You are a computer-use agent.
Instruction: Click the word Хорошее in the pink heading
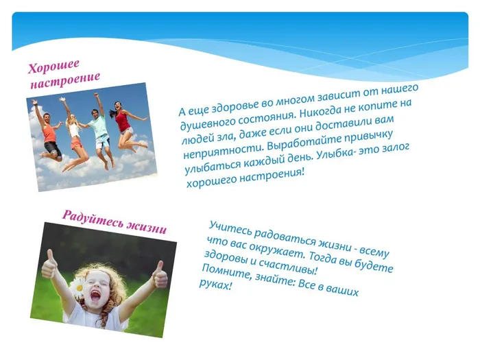point(53,66)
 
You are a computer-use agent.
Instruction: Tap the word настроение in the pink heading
point(65,80)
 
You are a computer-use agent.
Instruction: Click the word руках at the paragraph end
point(215,285)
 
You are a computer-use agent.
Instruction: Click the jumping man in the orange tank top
point(49,132)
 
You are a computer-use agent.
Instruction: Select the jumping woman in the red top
point(125,125)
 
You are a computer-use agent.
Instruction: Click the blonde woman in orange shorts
point(73,134)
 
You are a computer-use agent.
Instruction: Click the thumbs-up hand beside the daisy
point(49,265)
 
